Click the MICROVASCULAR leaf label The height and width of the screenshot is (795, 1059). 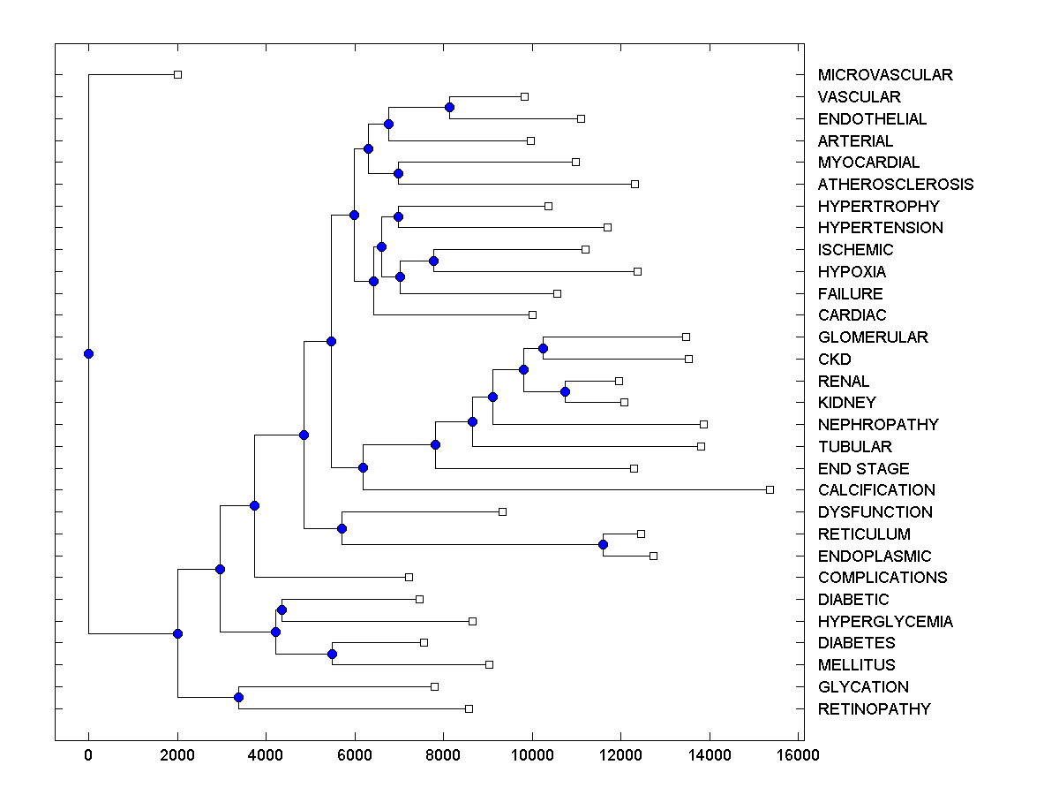tap(885, 75)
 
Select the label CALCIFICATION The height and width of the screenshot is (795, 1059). tap(876, 490)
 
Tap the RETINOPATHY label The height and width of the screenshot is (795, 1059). tap(874, 709)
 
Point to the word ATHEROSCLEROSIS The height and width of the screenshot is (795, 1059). tap(896, 185)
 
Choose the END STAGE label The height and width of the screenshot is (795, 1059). tap(863, 469)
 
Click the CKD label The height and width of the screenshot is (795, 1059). tap(834, 360)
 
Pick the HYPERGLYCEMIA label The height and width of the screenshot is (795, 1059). tap(885, 622)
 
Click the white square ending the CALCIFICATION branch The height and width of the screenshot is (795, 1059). tap(770, 489)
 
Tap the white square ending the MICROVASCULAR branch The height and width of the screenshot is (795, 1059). tap(177, 74)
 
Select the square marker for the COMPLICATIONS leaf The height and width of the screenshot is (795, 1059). tap(409, 577)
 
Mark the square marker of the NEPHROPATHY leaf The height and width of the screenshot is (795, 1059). tap(703, 424)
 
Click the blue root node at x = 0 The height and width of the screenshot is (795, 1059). tap(88, 354)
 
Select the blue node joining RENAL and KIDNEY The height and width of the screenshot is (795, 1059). tap(566, 391)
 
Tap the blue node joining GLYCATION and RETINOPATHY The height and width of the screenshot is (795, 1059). tap(238, 698)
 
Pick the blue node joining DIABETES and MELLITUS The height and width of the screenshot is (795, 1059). tap(332, 654)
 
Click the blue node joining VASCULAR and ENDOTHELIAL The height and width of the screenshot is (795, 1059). tap(449, 107)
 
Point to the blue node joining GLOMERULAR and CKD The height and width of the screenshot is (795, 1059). tap(543, 348)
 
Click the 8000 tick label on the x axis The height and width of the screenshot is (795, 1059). tap(443, 754)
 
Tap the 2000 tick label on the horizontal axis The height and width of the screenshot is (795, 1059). tap(177, 754)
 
